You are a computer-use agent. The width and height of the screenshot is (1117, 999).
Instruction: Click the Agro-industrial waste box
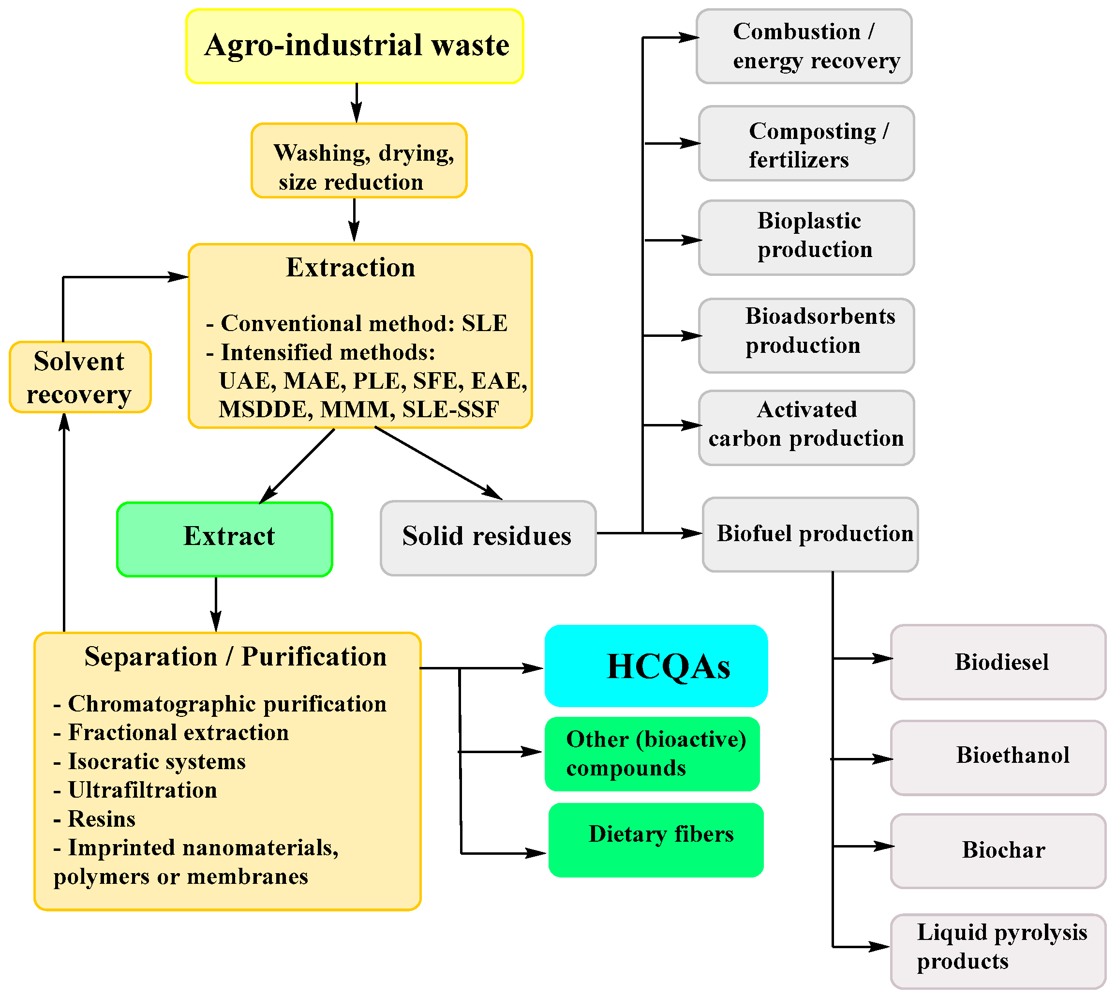pos(355,46)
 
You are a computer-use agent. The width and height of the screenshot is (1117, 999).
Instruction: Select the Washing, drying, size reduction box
pos(359,161)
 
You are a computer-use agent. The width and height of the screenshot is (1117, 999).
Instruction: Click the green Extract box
pos(224,539)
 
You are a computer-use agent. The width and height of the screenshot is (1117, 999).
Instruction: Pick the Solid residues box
pos(488,538)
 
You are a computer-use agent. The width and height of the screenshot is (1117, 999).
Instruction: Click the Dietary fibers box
pos(655,840)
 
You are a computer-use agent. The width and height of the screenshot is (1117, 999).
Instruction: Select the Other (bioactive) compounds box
pos(652,754)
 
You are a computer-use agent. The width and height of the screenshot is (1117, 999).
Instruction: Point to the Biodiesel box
pos(998,662)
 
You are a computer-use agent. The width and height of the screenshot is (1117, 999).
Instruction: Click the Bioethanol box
pos(998,757)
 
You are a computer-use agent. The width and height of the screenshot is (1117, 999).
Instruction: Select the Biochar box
pos(998,851)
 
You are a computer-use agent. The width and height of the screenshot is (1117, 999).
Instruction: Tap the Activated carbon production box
pos(806,427)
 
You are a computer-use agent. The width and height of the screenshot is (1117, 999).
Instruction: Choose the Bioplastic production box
pos(806,237)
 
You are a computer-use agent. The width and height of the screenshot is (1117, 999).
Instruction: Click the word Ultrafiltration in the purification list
pos(143,790)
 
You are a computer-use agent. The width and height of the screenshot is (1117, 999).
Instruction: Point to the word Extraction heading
pos(351,267)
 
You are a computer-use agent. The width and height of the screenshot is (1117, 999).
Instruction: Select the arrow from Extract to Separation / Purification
pos(216,604)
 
